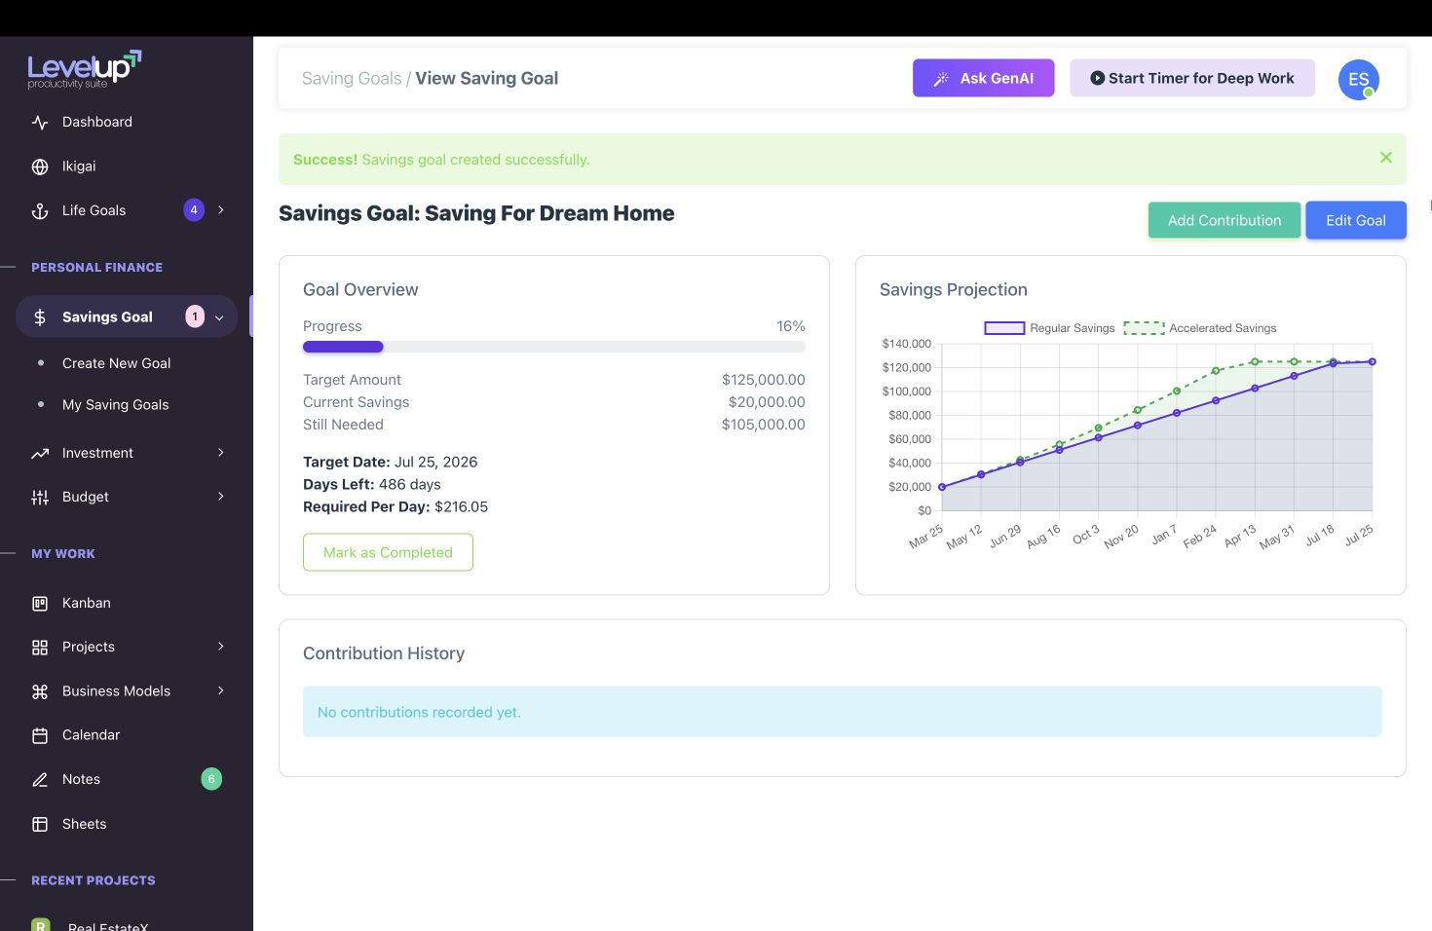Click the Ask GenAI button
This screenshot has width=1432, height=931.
(x=983, y=78)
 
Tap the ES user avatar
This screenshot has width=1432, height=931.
(x=1358, y=80)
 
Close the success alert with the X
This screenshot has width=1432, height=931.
(x=1385, y=158)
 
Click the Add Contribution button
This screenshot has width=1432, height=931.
(x=1224, y=220)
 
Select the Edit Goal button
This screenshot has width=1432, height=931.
(x=1355, y=220)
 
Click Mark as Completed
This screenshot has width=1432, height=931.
(x=388, y=552)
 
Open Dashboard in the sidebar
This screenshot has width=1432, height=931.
(x=96, y=122)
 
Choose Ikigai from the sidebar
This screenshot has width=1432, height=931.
(x=79, y=167)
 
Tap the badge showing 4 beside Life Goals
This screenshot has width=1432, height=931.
(x=194, y=209)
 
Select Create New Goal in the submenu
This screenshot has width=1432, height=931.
(x=116, y=363)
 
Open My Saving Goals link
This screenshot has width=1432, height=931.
(x=115, y=405)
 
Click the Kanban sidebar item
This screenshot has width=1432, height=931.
(x=86, y=603)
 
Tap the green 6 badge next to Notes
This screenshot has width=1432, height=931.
(x=211, y=779)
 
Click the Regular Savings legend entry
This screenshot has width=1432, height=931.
(x=1049, y=328)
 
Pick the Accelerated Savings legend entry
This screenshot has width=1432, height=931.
(x=1200, y=328)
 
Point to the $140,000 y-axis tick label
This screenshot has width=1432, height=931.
(x=906, y=344)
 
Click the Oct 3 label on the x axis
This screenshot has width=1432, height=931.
(x=1086, y=536)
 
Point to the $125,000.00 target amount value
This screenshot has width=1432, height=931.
(x=763, y=380)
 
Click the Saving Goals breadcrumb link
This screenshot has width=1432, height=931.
(x=352, y=79)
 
